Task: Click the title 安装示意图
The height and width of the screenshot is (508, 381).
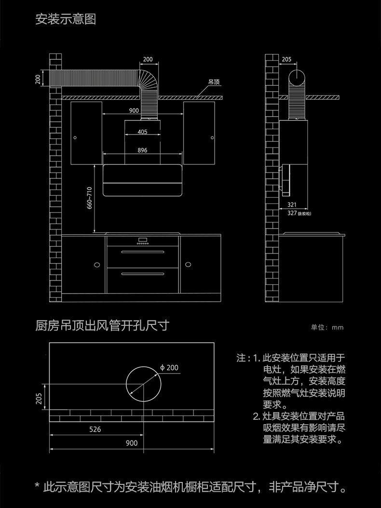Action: point(66,19)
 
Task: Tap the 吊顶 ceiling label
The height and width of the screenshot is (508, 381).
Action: point(214,82)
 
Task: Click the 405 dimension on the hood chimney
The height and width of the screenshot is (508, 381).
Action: point(142,132)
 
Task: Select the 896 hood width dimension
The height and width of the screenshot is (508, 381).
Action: point(142,150)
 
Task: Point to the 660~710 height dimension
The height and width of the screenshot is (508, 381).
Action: point(90,198)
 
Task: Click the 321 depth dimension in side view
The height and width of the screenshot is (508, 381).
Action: point(292,205)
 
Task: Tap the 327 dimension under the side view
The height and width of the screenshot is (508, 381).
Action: point(292,213)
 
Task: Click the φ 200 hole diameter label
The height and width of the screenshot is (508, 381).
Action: point(169,368)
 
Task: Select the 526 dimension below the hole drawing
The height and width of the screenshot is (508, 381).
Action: point(95,429)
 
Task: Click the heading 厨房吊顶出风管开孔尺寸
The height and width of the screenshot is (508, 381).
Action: point(102,325)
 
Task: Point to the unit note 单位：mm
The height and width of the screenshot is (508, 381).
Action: point(327,327)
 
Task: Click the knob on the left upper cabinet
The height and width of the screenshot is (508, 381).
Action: point(75,138)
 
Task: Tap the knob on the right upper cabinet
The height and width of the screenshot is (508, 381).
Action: point(212,138)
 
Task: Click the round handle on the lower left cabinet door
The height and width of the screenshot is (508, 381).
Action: point(97,265)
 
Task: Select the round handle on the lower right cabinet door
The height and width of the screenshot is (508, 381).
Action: point(188,265)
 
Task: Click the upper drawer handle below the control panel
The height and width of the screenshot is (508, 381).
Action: point(143,252)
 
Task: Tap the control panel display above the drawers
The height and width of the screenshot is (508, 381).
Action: point(143,240)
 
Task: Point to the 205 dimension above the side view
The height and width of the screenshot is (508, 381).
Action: point(286,59)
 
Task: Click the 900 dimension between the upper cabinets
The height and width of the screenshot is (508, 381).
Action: point(134,110)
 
